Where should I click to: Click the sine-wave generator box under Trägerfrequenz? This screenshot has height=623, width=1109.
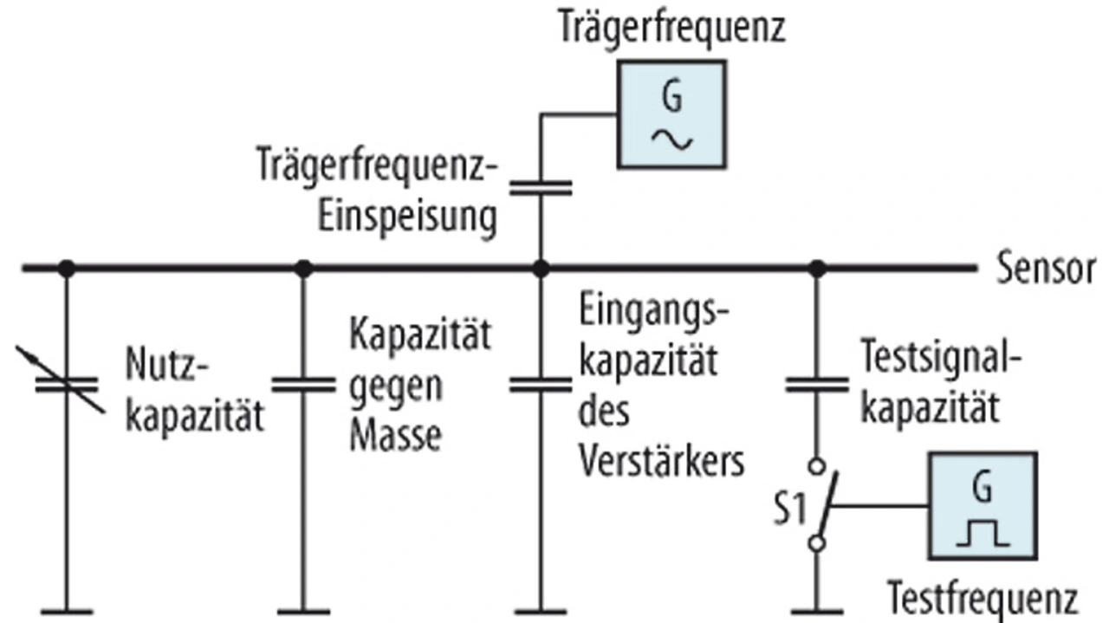click(670, 114)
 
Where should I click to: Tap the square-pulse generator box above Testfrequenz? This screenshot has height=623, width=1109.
click(982, 505)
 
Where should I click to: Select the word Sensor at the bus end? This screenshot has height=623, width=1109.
click(1045, 269)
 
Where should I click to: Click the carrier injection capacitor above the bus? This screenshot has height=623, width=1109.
click(540, 187)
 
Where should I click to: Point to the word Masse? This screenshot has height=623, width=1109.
click(394, 438)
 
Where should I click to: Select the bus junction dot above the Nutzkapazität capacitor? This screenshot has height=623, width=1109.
click(65, 269)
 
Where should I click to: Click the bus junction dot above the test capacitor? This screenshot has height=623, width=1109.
click(815, 269)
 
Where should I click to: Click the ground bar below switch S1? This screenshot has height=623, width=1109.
click(815, 612)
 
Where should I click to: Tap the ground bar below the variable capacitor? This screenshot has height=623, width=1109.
click(65, 612)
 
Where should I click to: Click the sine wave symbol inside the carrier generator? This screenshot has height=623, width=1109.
click(671, 137)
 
